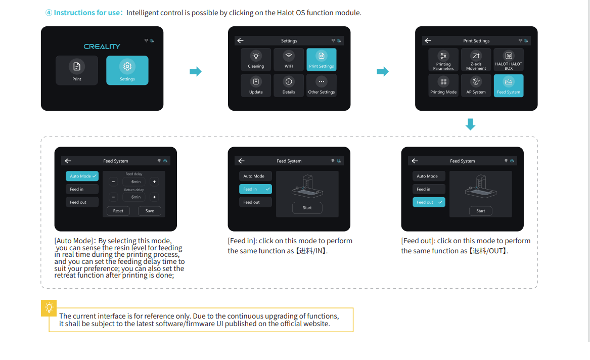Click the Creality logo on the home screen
(102, 47)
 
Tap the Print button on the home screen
(77, 70)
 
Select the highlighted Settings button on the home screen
(127, 70)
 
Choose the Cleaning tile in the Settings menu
(256, 60)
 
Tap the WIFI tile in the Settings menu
(289, 60)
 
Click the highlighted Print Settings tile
(321, 60)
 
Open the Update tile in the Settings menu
(256, 85)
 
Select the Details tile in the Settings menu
(289, 85)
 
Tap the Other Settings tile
(321, 85)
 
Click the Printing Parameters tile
(443, 60)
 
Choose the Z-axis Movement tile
(476, 60)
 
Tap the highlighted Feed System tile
(509, 85)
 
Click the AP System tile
(476, 85)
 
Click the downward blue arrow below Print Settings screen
(470, 124)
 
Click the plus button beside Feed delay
(154, 182)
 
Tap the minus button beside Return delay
(113, 197)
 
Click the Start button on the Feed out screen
(480, 211)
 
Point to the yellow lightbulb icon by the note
(49, 307)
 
